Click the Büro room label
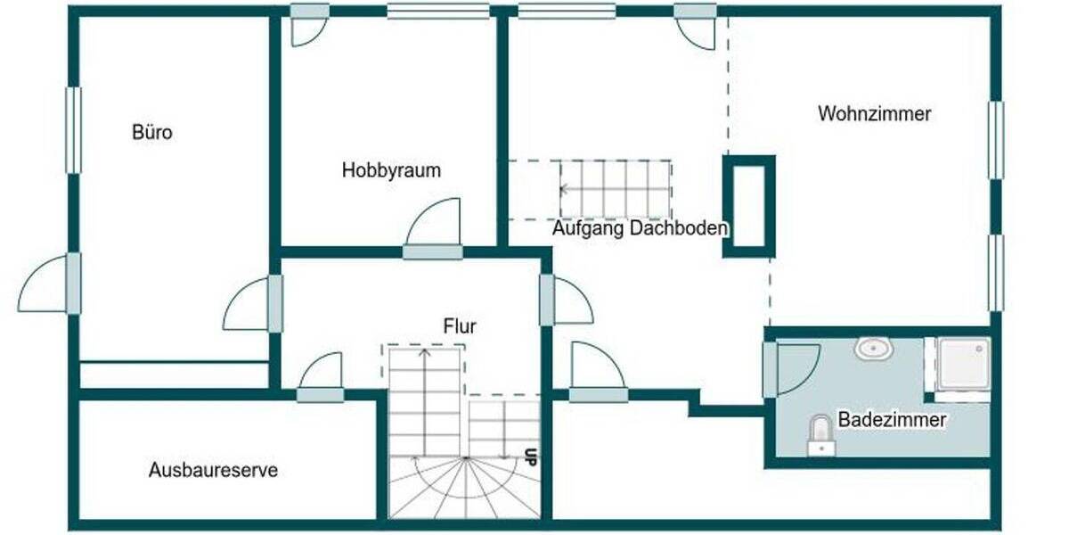click(x=151, y=134)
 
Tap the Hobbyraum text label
click(x=391, y=170)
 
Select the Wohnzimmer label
click(x=874, y=114)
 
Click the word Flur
click(x=460, y=326)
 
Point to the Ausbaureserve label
click(x=213, y=470)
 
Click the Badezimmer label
click(x=891, y=419)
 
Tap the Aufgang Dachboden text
click(x=640, y=228)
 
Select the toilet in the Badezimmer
click(x=820, y=434)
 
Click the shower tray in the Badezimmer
click(x=963, y=364)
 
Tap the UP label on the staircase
click(x=530, y=457)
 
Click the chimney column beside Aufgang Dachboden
click(x=747, y=206)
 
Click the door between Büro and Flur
click(x=252, y=305)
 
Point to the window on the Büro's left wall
click(x=73, y=130)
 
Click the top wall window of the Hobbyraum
click(x=437, y=12)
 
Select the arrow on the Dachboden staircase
click(x=565, y=189)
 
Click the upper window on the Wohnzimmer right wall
click(x=996, y=140)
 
